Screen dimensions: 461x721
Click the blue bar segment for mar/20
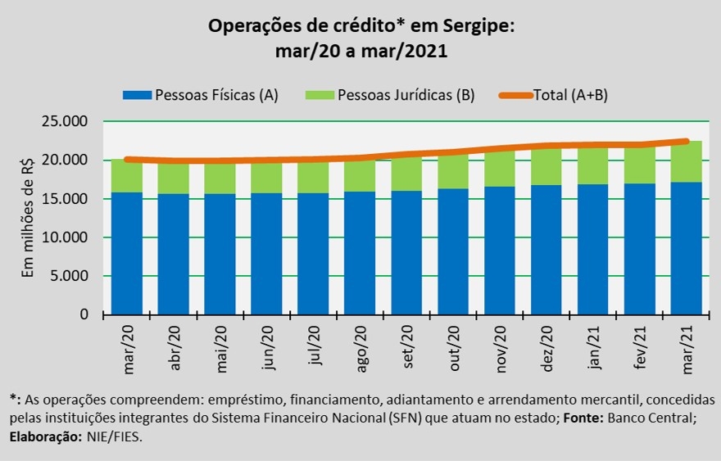coord(127,253)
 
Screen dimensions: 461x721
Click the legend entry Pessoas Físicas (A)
coord(201,95)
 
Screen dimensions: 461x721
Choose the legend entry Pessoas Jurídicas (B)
coord(389,95)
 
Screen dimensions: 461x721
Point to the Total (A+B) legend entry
coord(565,95)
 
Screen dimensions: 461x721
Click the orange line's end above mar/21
coord(686,141)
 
